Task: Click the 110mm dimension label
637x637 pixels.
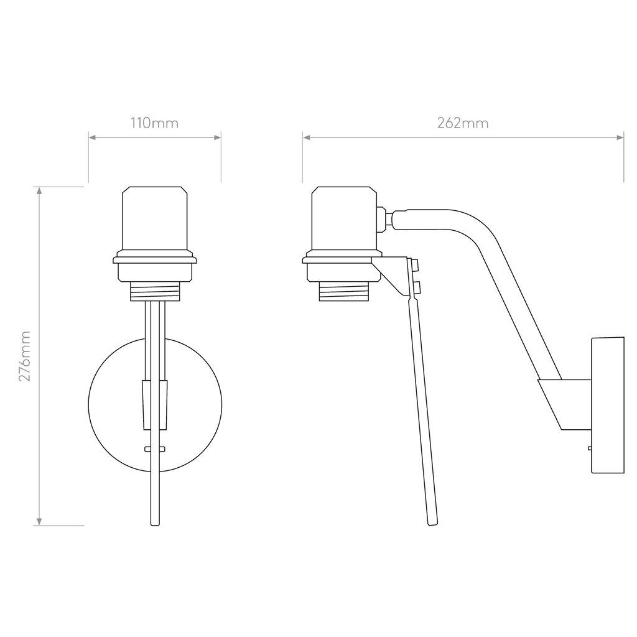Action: [x=154, y=123]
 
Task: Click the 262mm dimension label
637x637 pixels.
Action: [x=463, y=123]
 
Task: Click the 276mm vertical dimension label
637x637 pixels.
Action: [x=25, y=356]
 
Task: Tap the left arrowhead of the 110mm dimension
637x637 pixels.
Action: [x=92, y=137]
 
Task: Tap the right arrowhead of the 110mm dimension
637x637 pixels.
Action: [x=217, y=137]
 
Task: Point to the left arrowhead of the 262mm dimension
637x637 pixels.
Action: [x=306, y=137]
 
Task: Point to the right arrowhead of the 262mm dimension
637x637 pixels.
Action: [x=620, y=137]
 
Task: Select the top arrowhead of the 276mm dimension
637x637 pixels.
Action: [x=39, y=190]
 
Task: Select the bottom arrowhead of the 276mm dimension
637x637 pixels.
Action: [x=39, y=522]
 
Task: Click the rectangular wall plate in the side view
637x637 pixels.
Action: [x=608, y=405]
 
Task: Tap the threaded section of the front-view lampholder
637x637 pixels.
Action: [x=155, y=291]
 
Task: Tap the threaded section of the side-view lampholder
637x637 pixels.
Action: [x=343, y=291]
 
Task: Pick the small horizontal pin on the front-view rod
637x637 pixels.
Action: [x=155, y=449]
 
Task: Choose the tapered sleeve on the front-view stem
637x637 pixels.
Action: [x=155, y=405]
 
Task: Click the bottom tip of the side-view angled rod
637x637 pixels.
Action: [x=433, y=524]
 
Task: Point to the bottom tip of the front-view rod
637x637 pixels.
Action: [x=155, y=525]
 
